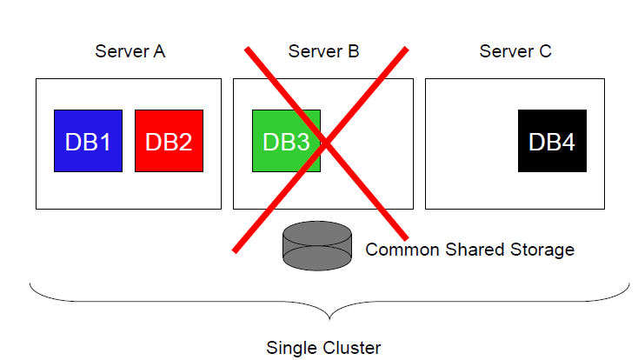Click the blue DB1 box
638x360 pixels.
pyautogui.click(x=88, y=141)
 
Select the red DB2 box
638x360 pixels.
pyautogui.click(x=169, y=141)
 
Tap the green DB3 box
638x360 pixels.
pyautogui.click(x=286, y=141)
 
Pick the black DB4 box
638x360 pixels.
pyautogui.click(x=552, y=141)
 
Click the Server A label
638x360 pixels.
pyautogui.click(x=130, y=51)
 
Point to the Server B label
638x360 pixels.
pyautogui.click(x=323, y=51)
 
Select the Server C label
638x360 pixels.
pyautogui.click(x=515, y=51)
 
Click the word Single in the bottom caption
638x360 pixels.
pyautogui.click(x=291, y=348)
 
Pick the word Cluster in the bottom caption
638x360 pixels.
pyautogui.click(x=351, y=348)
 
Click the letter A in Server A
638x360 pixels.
pyautogui.click(x=159, y=51)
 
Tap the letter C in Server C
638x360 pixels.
pyautogui.click(x=545, y=51)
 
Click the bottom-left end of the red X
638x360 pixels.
pyautogui.click(x=234, y=252)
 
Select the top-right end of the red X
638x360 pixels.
pyautogui.click(x=407, y=49)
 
